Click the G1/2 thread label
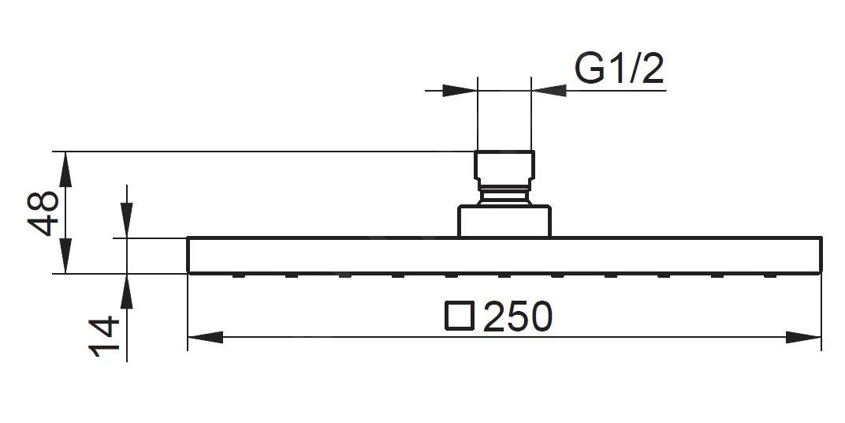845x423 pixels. tap(620, 69)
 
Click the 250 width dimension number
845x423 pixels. tap(517, 317)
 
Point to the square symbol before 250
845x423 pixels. tap(460, 316)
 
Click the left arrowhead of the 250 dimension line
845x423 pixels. tap(205, 338)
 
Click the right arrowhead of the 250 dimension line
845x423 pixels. tap(804, 338)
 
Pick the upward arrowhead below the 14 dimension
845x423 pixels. tap(126, 291)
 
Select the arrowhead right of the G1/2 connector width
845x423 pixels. tap(549, 91)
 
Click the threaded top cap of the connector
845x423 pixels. tap(504, 166)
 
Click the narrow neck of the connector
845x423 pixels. tap(504, 194)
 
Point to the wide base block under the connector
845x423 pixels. tap(504, 221)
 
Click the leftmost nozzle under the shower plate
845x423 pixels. tap(238, 275)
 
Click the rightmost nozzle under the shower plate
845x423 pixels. tap(770, 275)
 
